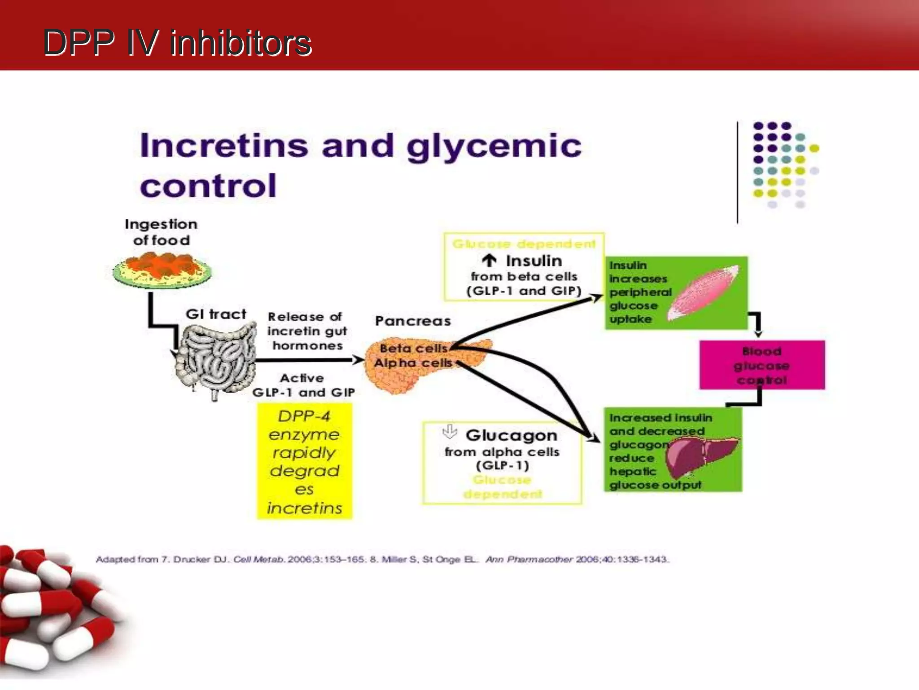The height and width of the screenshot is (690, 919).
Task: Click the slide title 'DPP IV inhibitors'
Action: pyautogui.click(x=177, y=43)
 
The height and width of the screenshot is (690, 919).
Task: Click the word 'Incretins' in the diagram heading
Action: pyautogui.click(x=223, y=146)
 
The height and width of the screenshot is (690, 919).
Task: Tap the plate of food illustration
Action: pyautogui.click(x=162, y=270)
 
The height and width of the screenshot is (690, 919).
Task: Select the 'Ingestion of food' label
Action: pyautogui.click(x=161, y=232)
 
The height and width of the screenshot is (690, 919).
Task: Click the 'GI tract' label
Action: pyautogui.click(x=216, y=314)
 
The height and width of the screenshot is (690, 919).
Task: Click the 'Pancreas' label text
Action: pyautogui.click(x=413, y=321)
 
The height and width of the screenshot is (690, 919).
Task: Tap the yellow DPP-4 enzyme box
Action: pyautogui.click(x=305, y=461)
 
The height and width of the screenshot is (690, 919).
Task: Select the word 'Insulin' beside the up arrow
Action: pyautogui.click(x=534, y=261)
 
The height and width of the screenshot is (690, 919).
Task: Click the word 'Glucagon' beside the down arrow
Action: pyautogui.click(x=511, y=435)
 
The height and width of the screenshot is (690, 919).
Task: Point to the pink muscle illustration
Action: pyautogui.click(x=702, y=292)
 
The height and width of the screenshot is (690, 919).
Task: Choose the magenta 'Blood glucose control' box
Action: pyautogui.click(x=761, y=365)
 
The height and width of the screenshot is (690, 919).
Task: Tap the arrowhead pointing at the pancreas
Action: pyautogui.click(x=358, y=360)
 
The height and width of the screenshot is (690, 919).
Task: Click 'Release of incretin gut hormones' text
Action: pyautogui.click(x=307, y=331)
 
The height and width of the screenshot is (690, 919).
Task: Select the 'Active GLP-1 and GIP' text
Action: pyautogui.click(x=303, y=385)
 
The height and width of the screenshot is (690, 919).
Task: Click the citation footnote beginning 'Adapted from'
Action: pyautogui.click(x=381, y=559)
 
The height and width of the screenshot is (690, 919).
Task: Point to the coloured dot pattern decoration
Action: pyautogui.click(x=783, y=164)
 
